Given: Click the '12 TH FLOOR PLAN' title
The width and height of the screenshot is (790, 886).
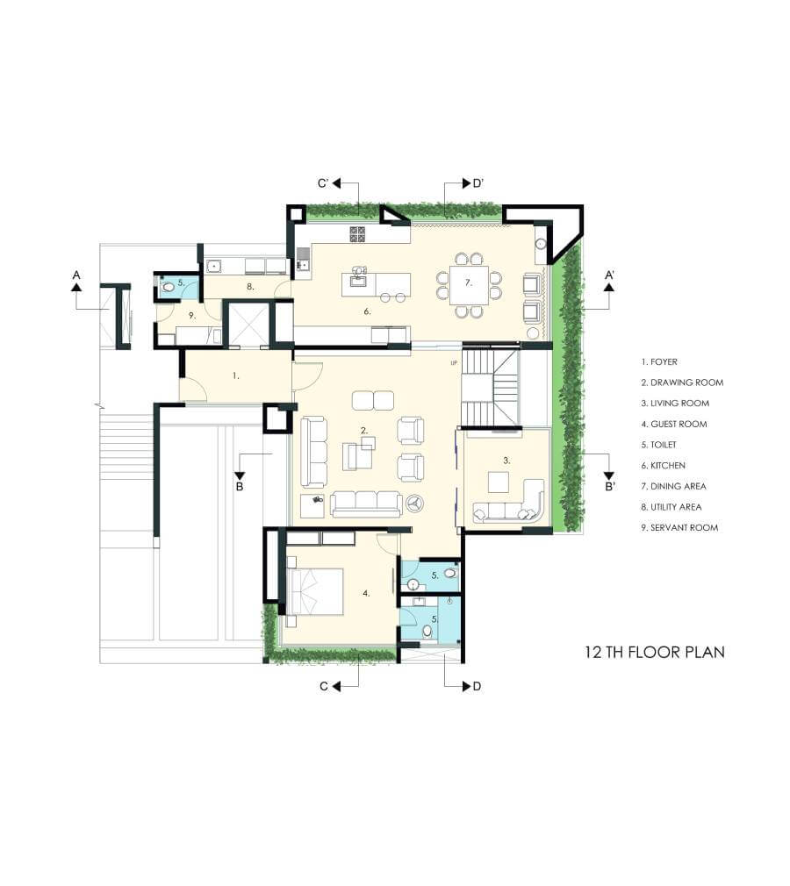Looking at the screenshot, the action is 654,652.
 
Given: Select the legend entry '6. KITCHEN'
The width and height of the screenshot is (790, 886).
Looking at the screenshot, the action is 663,466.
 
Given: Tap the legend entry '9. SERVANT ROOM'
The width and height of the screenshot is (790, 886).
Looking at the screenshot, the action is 679,528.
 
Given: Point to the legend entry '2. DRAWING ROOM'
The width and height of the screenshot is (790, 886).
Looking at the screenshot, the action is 682,382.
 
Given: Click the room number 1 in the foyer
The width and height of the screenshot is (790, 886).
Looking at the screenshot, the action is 236,375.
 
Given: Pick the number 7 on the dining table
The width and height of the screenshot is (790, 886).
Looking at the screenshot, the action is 468,282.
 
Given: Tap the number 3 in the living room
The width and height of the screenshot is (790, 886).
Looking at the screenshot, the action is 506,461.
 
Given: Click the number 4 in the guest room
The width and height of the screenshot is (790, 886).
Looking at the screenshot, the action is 366,593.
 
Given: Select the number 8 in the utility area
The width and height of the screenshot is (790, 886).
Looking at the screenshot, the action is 250,287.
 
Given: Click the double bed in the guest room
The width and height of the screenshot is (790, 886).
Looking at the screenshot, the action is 315,591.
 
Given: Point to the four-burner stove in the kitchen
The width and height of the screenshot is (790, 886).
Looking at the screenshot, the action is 357,234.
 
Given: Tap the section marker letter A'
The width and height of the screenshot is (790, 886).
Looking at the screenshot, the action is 609,275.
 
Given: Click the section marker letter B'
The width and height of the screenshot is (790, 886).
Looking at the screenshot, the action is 609,487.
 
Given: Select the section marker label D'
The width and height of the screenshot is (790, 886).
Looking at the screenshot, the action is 478,183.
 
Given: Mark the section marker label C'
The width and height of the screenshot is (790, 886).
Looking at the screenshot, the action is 324,183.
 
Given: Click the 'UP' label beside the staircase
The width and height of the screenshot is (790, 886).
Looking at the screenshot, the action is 454,363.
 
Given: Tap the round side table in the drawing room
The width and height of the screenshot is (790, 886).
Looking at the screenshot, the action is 416,504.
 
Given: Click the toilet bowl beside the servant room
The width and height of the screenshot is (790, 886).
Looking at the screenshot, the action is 168,287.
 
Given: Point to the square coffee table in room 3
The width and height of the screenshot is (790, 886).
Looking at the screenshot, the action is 499,482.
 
